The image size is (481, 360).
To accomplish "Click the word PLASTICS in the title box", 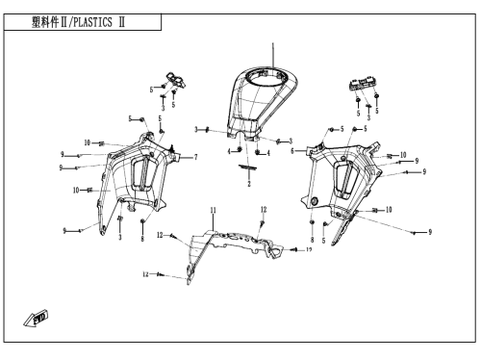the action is pos(93,22).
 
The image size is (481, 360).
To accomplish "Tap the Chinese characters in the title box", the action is pos(45,22).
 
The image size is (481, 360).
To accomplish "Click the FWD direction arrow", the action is pos(36,319).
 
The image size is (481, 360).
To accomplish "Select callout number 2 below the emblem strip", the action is pos(249,184).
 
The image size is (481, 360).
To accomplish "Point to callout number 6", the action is pos(292,151).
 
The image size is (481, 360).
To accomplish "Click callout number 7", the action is pos(195,157).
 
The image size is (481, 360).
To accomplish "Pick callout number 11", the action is pos(214,210).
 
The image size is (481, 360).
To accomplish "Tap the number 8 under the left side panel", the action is pos(142,239).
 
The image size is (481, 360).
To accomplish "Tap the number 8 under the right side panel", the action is pos(313,240).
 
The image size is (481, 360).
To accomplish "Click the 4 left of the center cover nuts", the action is pos(229,151).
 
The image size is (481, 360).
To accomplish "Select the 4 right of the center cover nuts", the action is pos(268,153).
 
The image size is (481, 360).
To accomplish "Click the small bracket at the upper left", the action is pos(176,80).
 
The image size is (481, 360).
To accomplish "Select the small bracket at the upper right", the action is pos(362,84).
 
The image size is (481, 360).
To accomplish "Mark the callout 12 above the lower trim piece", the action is pos(264,210).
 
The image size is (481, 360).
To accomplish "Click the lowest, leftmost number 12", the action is pos(145,274).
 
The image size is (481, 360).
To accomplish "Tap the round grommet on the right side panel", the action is pos(315,201).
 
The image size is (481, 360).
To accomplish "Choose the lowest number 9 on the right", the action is pos(430,232).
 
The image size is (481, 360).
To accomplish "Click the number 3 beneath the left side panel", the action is pos(120,238).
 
